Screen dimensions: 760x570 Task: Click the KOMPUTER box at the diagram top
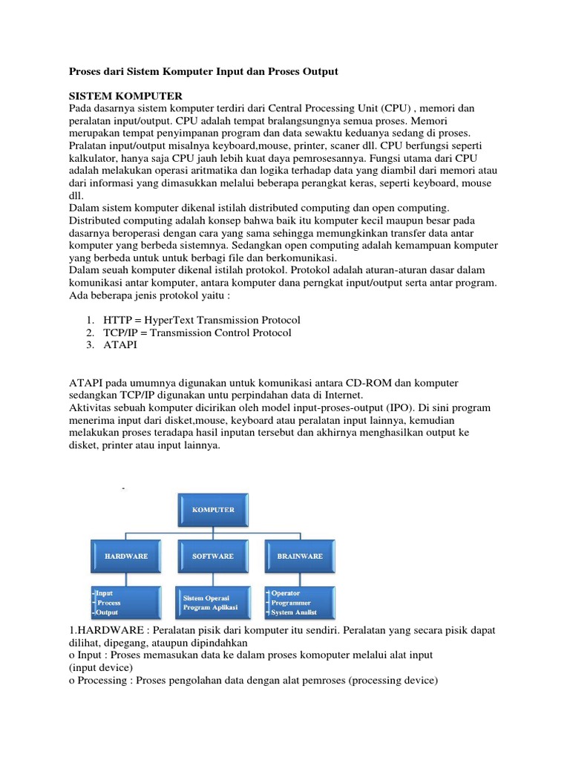pos(214,511)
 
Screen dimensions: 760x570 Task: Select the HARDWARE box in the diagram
pos(125,556)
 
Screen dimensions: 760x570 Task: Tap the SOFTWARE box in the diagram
pos(213,556)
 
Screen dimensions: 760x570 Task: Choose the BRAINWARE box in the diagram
pos(300,556)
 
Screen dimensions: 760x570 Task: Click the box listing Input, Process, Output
pos(125,603)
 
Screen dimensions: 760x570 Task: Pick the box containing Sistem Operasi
pos(213,603)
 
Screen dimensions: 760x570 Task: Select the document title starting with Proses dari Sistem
pos(203,71)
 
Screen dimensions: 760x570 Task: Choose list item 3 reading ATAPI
pos(120,345)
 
